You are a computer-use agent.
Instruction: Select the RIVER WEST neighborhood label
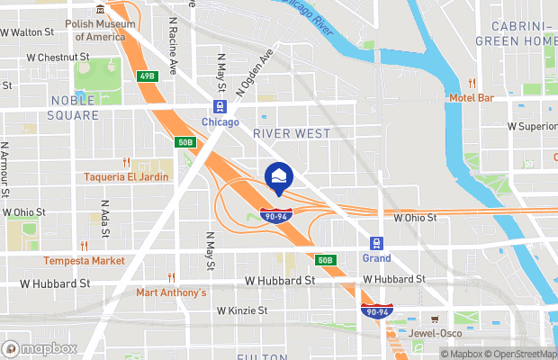coord(291,133)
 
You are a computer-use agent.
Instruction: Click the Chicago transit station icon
coord(219,107)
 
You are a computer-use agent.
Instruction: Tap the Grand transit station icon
coord(376,243)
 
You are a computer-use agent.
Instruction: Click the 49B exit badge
coord(147,76)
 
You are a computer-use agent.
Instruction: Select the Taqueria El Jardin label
coord(126,177)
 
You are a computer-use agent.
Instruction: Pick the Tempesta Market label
coord(84,261)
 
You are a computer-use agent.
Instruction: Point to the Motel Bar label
coord(472,97)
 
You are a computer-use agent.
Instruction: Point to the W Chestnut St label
coord(58,57)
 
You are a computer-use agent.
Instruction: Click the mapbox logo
coord(40,347)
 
